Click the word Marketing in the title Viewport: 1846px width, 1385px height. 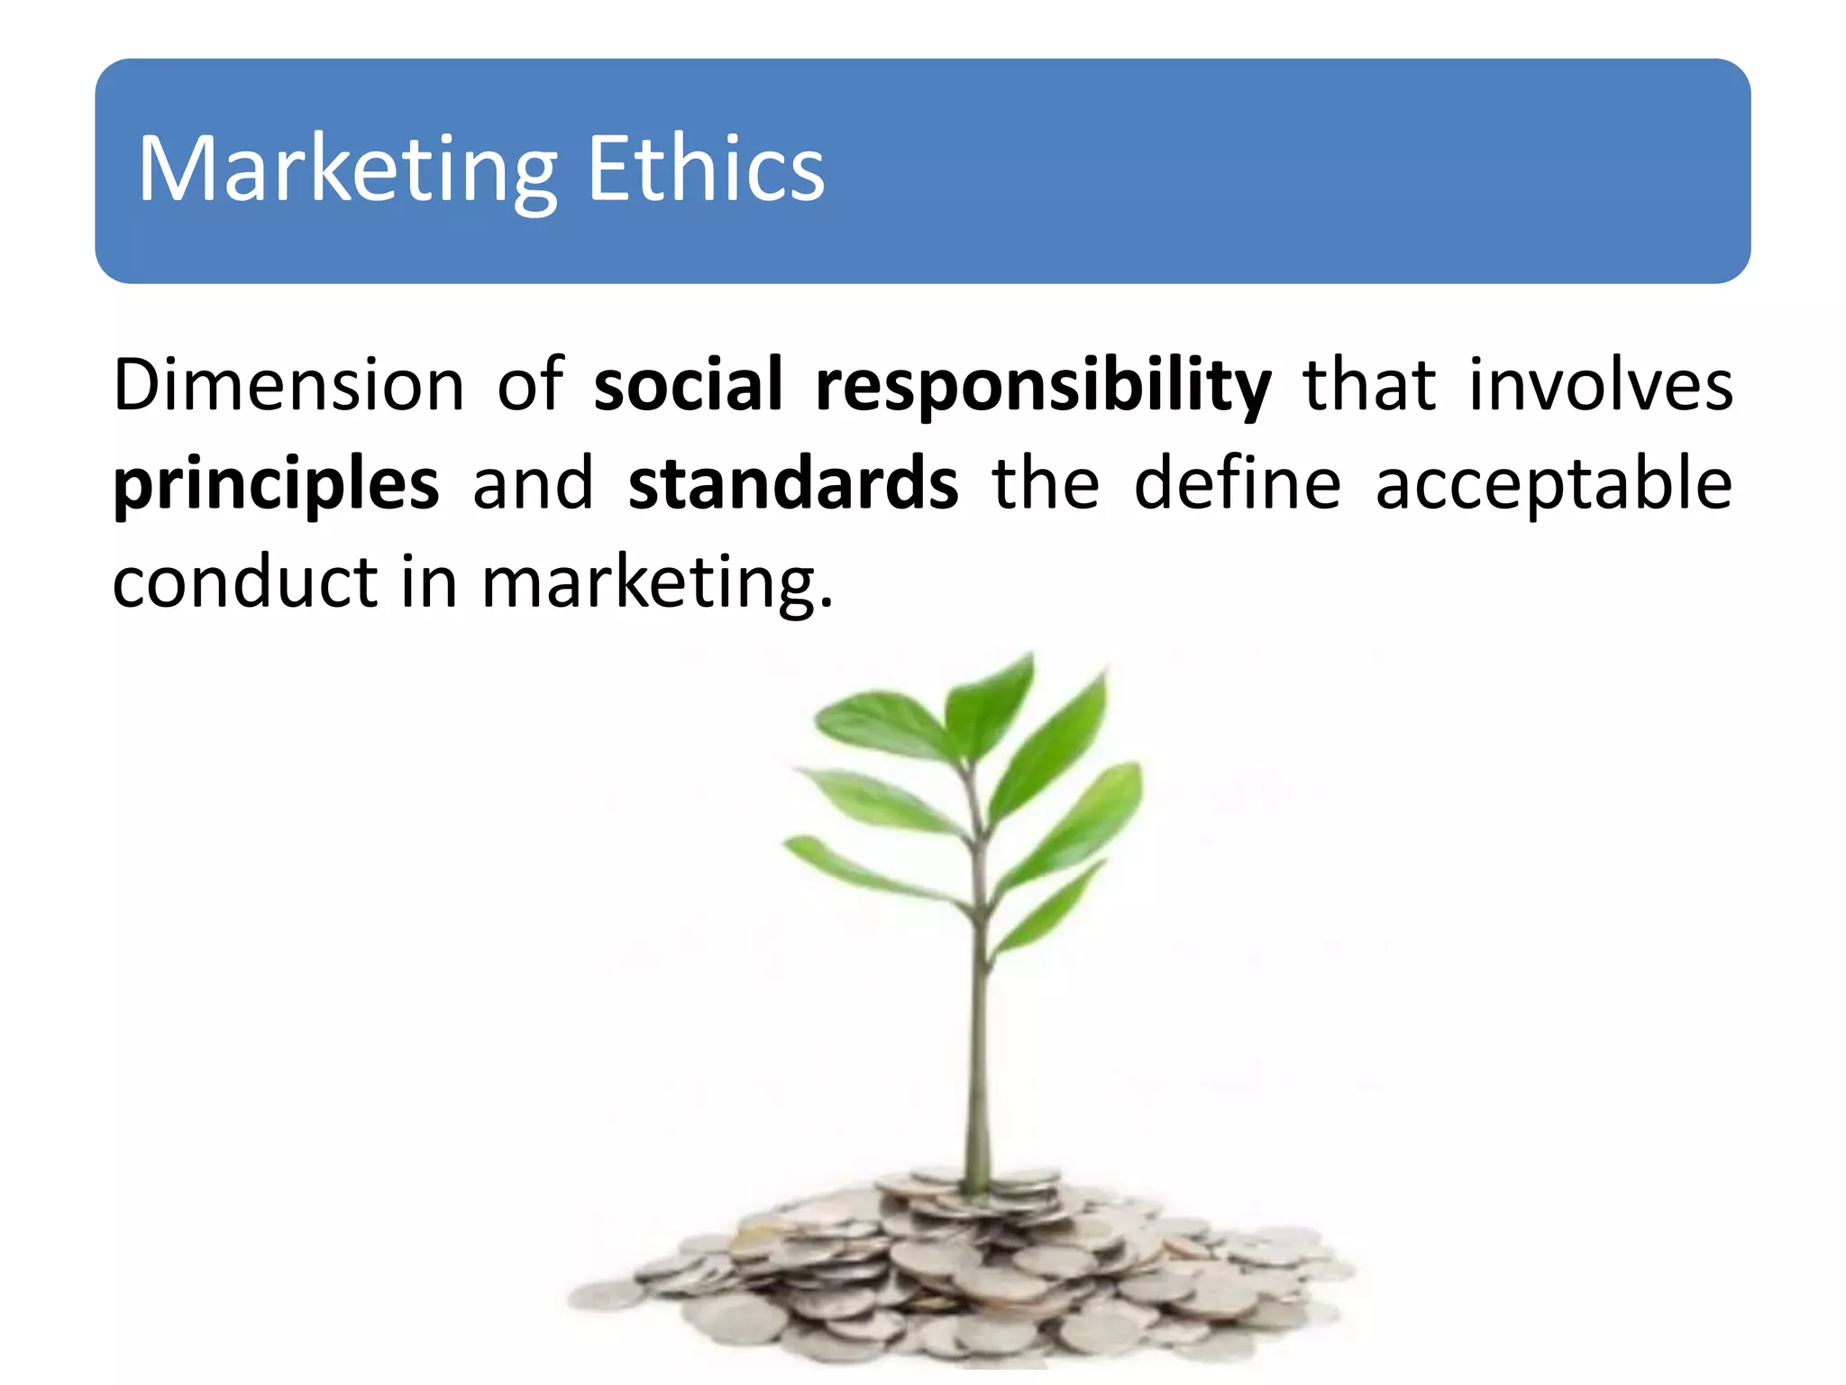347,170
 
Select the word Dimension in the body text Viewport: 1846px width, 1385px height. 288,385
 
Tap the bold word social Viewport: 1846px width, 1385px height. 688,385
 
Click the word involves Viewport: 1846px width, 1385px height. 1600,385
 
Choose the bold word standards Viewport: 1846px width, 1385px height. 793,484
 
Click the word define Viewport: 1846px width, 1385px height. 1237,484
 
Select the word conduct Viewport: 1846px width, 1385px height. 244,582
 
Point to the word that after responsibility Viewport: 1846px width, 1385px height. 1369,385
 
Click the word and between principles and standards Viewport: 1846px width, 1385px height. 533,484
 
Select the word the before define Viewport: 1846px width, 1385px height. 1046,484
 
